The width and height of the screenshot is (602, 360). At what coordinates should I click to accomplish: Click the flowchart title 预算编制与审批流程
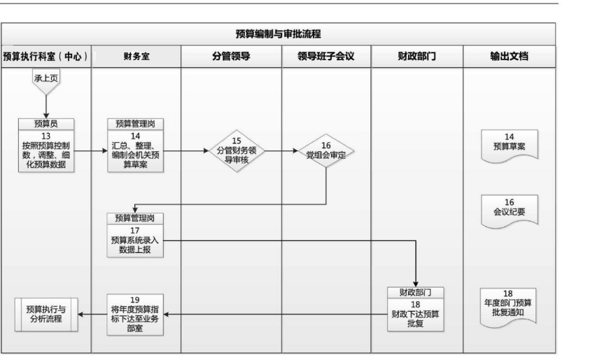coord(278,34)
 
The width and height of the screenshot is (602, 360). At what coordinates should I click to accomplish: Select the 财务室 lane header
coord(136,57)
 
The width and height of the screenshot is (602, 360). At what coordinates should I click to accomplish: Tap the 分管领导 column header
coord(231,57)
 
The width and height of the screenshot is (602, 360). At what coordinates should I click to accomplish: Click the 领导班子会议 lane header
coord(326,57)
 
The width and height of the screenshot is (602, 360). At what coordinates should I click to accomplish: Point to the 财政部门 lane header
coord(417,57)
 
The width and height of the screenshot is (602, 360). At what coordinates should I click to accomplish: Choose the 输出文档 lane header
coord(509,57)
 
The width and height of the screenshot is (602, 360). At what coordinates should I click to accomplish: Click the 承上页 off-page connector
coord(46,81)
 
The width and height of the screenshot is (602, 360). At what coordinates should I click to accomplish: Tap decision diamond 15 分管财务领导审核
coord(237,151)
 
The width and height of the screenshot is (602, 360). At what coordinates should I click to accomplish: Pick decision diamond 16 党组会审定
coord(326,151)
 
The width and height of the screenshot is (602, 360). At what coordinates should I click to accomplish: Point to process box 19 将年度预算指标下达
coord(135,314)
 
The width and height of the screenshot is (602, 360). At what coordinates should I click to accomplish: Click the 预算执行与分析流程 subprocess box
coord(46,314)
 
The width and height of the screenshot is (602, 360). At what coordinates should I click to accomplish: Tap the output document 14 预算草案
coord(509,146)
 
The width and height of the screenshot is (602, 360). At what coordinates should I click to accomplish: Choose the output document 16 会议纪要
coord(509,211)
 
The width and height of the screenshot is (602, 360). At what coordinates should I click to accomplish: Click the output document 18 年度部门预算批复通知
coord(508,307)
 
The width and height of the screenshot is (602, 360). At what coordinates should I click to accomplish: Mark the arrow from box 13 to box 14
coord(90,151)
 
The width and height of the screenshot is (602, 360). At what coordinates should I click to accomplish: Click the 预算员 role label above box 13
coord(46,124)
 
